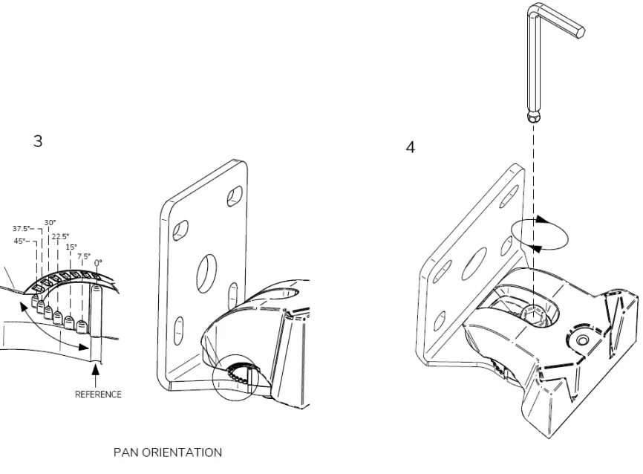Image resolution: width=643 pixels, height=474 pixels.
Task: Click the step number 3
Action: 38,141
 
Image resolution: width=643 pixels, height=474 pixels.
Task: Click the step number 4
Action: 410,147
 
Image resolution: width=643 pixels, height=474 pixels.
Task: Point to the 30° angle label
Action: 50,222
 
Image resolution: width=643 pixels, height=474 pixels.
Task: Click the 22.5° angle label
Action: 60,236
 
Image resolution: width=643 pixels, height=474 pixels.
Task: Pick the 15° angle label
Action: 71,247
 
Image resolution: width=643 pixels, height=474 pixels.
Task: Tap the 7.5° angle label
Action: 83,256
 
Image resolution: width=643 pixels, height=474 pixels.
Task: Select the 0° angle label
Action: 97,262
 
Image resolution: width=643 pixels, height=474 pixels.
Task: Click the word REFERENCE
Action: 98,395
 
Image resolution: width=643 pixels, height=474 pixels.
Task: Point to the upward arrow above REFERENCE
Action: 94,371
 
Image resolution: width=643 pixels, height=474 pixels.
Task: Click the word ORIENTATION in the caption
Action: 181,452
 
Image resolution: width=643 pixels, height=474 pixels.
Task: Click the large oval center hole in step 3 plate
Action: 206,274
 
